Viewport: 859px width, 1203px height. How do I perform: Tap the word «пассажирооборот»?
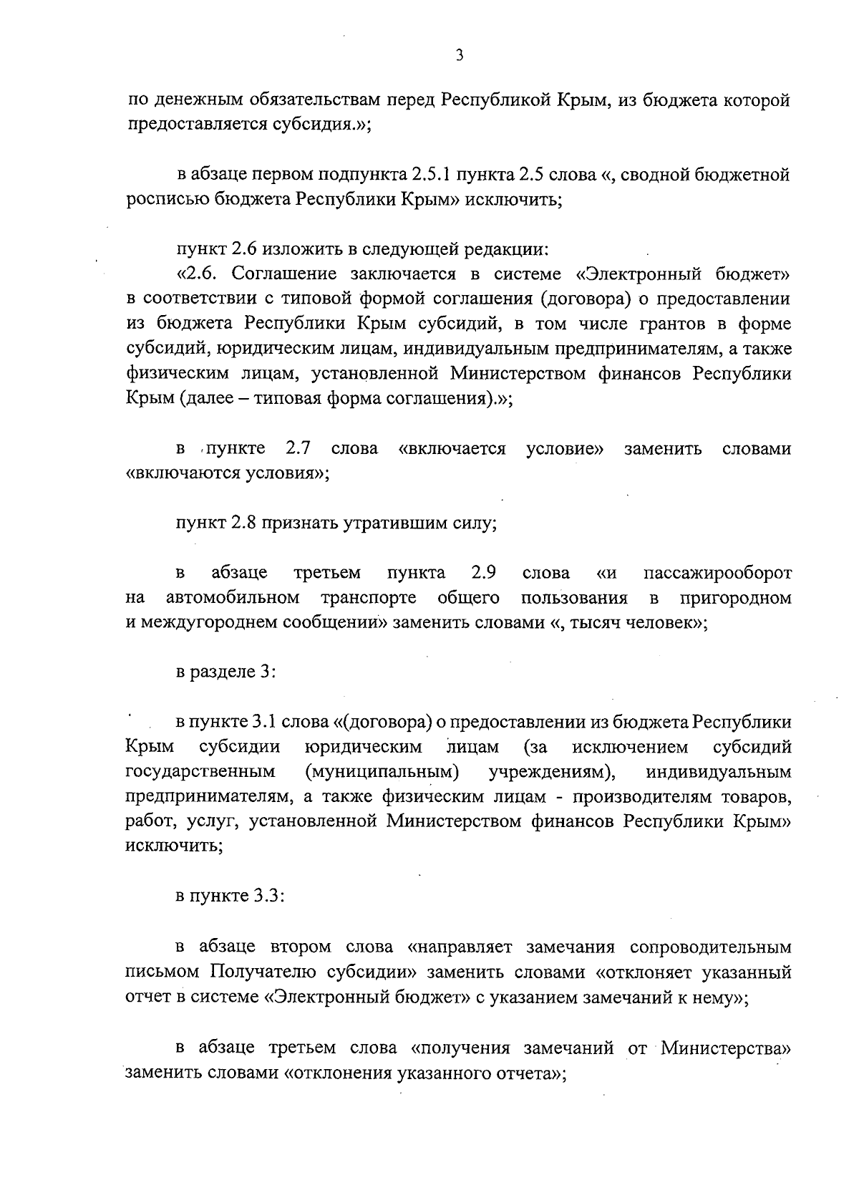(717, 573)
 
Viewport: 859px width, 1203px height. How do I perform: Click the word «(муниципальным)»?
(382, 773)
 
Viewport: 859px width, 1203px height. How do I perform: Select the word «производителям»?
(630, 797)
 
